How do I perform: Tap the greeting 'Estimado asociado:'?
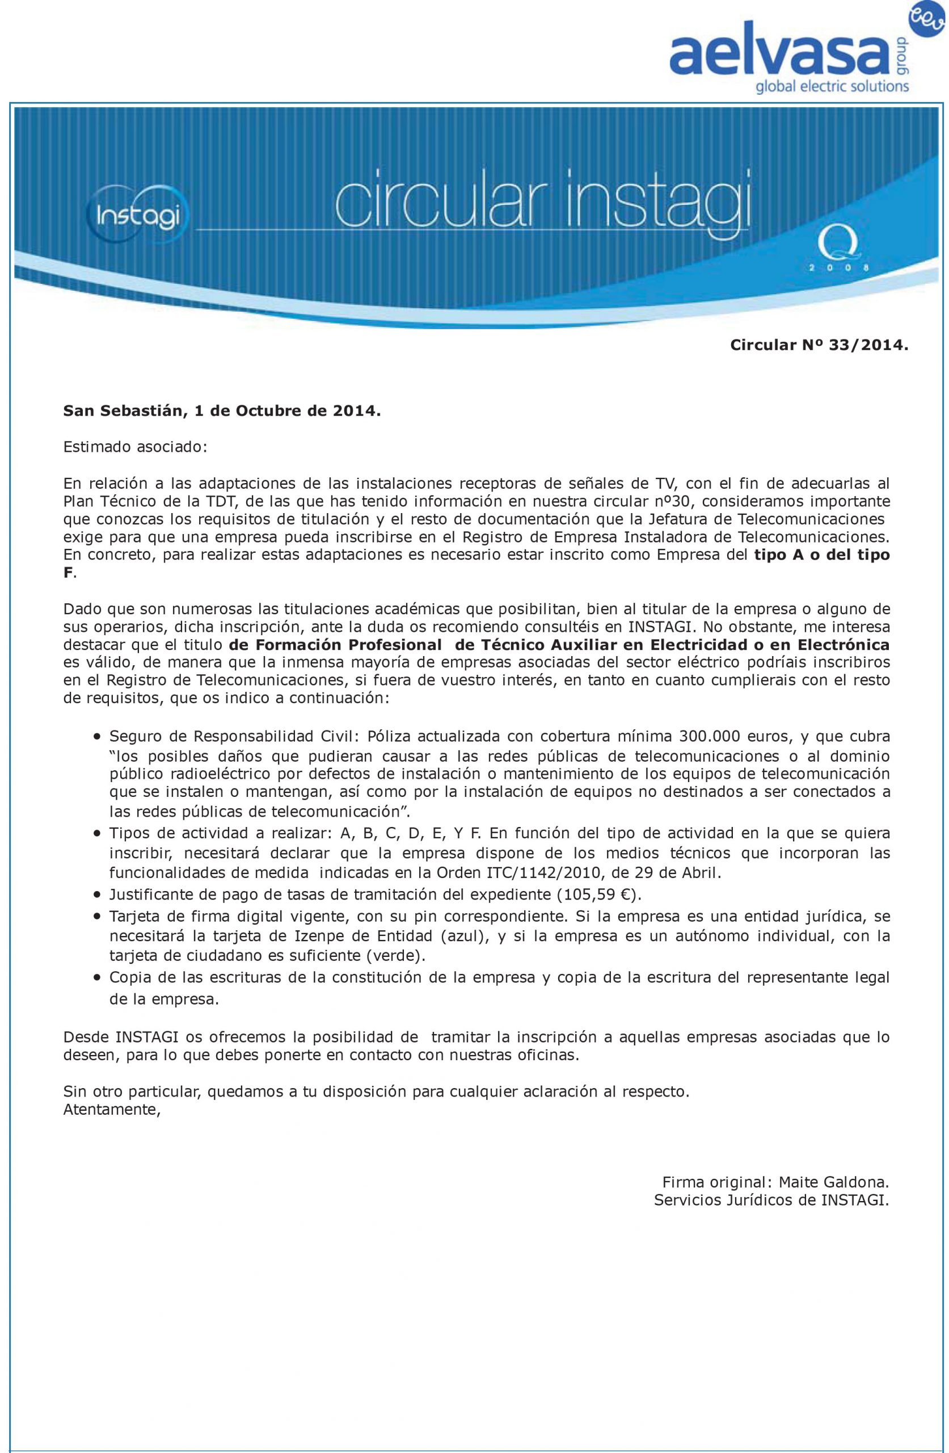(x=136, y=446)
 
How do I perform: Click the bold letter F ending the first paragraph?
(x=67, y=573)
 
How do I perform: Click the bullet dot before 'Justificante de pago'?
(x=97, y=895)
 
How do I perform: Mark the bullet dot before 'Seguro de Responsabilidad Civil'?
(x=97, y=736)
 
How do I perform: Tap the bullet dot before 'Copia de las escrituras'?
(x=97, y=977)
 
